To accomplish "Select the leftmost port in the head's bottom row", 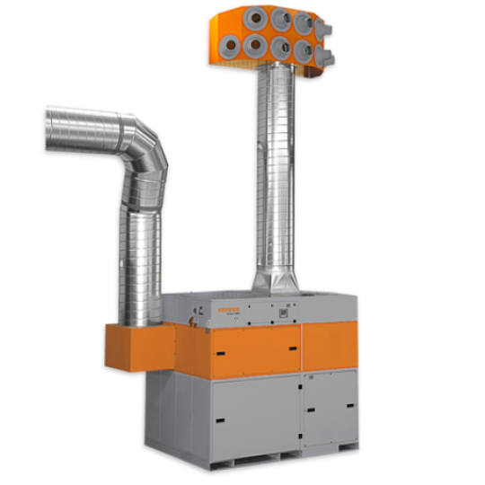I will (233, 45).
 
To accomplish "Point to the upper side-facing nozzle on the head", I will (324, 30).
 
